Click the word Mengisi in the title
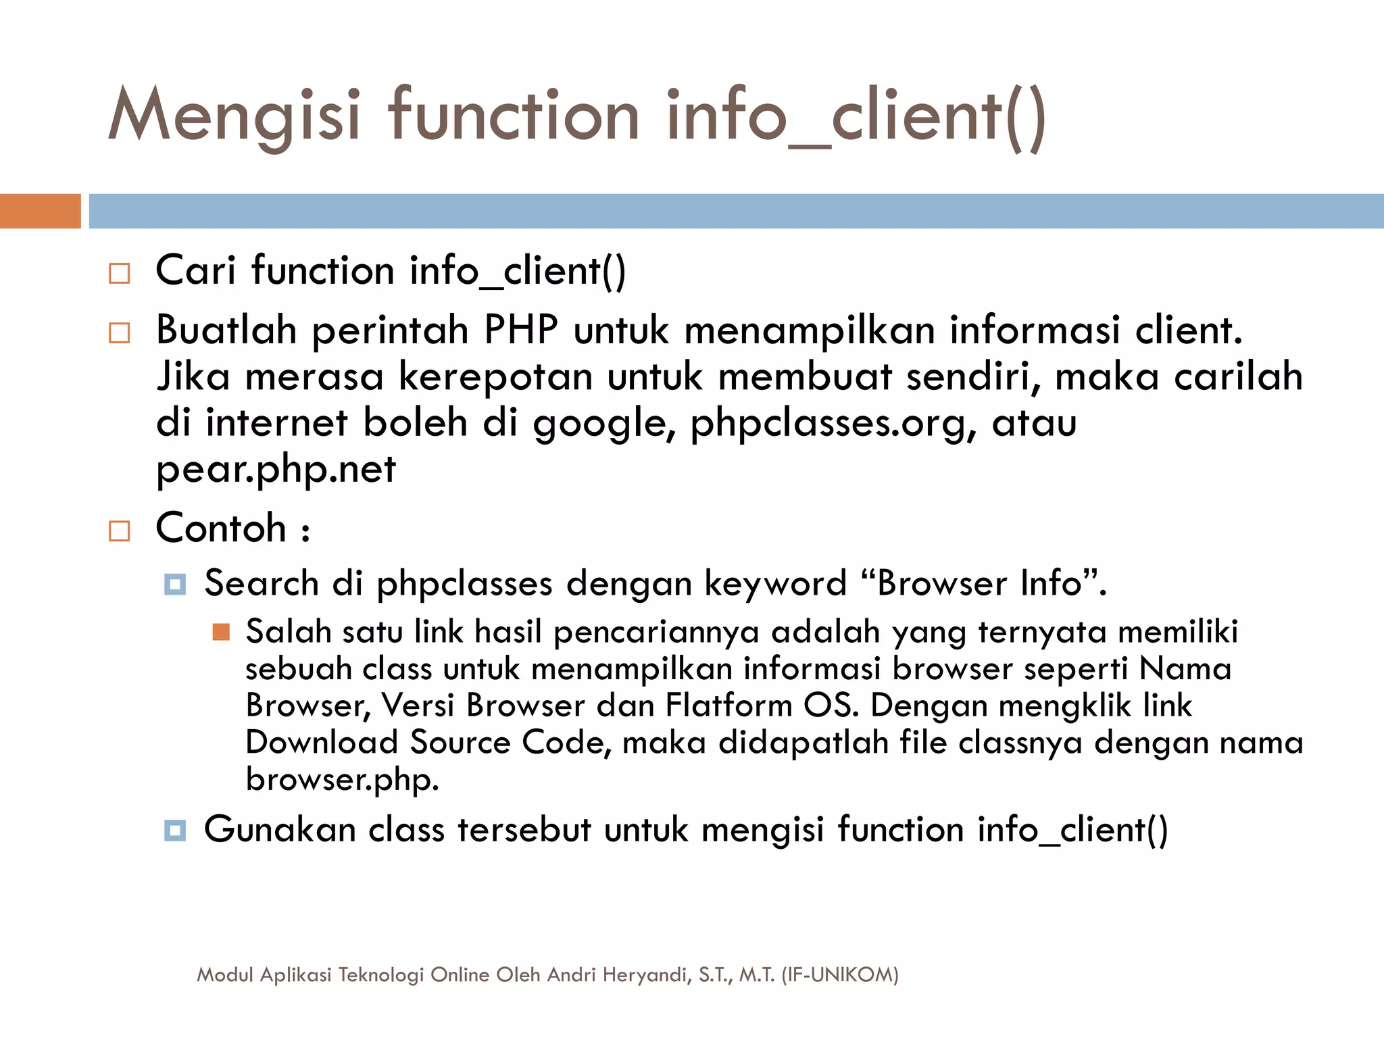point(234,117)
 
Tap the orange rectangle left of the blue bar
point(40,211)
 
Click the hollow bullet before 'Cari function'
point(120,273)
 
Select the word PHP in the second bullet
point(521,330)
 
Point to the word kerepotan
point(495,376)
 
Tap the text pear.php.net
point(276,469)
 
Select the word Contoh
point(221,528)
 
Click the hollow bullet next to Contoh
point(120,530)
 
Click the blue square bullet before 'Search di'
point(175,585)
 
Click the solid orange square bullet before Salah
point(221,632)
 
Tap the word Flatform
point(728,706)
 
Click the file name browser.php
point(342,779)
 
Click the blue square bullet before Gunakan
point(175,831)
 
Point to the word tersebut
point(524,830)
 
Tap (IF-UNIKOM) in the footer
point(840,974)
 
